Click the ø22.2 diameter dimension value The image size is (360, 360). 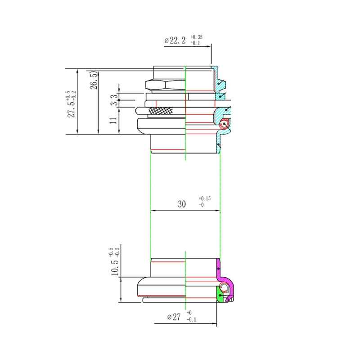point(175,40)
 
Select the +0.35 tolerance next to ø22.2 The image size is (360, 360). point(197,37)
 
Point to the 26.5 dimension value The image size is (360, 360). point(94,81)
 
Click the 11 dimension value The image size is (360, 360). point(113,121)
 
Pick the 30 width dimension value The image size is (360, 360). point(182,204)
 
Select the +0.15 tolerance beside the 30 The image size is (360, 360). point(205,198)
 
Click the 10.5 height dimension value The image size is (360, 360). point(115,267)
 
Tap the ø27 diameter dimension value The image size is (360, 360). point(174,317)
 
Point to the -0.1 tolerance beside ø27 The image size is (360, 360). point(192,319)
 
